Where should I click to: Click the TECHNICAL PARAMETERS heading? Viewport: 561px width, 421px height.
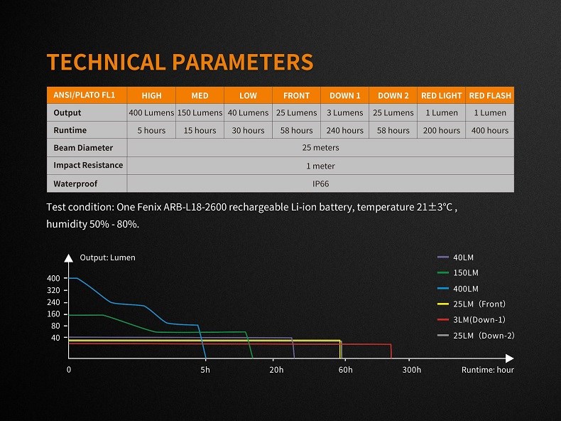click(x=180, y=62)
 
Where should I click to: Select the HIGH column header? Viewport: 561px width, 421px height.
click(x=151, y=95)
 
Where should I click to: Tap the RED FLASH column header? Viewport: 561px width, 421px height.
click(x=490, y=95)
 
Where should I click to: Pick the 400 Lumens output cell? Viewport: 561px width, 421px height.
click(x=151, y=112)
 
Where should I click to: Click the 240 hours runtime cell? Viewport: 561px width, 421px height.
click(x=344, y=130)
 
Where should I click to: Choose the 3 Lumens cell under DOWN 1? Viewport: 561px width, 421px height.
click(x=344, y=112)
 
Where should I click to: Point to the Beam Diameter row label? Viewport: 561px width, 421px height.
click(x=79, y=148)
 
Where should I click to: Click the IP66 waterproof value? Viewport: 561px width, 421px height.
click(x=320, y=183)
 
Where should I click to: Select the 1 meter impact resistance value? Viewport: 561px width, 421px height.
click(x=320, y=166)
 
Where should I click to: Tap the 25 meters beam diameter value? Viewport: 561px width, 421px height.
click(x=320, y=148)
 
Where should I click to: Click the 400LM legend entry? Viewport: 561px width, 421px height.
click(x=465, y=289)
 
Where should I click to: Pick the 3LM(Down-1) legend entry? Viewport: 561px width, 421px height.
click(x=479, y=319)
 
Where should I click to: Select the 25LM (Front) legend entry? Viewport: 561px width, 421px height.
click(x=479, y=304)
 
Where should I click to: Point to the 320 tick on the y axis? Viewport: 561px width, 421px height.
click(x=55, y=290)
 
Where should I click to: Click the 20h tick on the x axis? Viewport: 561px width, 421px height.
click(x=276, y=370)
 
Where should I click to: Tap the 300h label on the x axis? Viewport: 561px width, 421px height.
click(x=412, y=370)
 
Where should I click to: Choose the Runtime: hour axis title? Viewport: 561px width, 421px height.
click(x=487, y=370)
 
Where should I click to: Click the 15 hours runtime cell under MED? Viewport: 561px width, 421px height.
click(x=200, y=130)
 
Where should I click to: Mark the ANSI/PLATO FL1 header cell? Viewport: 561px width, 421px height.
click(x=79, y=95)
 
